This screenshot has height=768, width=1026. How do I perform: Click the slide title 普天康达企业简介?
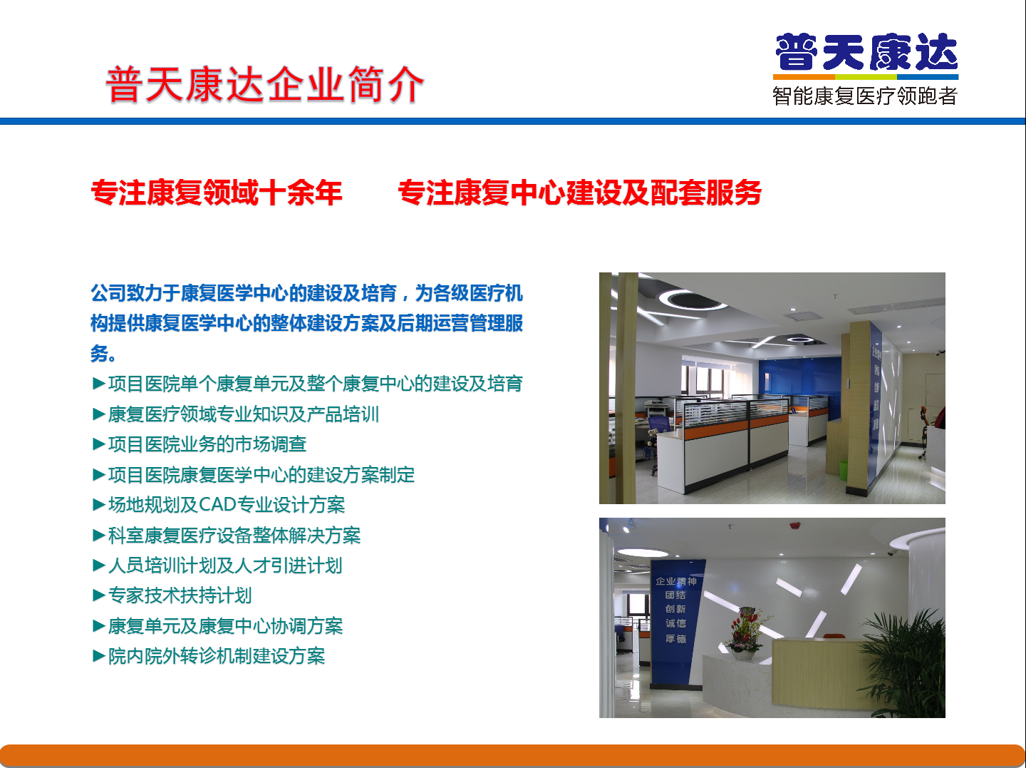point(264,84)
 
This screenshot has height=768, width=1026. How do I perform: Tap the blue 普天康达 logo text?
point(866,52)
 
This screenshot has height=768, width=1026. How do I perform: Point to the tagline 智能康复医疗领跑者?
point(865,96)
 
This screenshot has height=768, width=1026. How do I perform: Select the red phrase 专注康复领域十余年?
point(217,193)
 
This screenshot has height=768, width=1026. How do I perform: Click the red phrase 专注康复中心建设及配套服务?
point(579,193)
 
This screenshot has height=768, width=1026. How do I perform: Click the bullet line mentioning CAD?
point(219,505)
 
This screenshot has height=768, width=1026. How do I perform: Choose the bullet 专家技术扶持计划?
point(172,595)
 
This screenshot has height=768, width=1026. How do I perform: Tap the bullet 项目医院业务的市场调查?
point(199,444)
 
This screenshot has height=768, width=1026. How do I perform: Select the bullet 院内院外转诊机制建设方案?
point(209,656)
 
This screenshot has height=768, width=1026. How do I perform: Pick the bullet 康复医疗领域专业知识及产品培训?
point(236,414)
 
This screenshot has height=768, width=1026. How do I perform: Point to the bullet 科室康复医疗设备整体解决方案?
point(227,535)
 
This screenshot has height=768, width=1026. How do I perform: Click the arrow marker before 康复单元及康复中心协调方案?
point(98,626)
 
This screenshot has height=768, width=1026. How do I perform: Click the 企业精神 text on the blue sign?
point(676,581)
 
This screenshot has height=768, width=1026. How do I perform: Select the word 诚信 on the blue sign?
point(676,623)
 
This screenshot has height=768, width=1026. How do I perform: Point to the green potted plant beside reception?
point(904,663)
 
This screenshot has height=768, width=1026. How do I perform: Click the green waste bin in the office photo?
point(843,470)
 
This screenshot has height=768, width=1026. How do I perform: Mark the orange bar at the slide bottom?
point(513,756)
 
